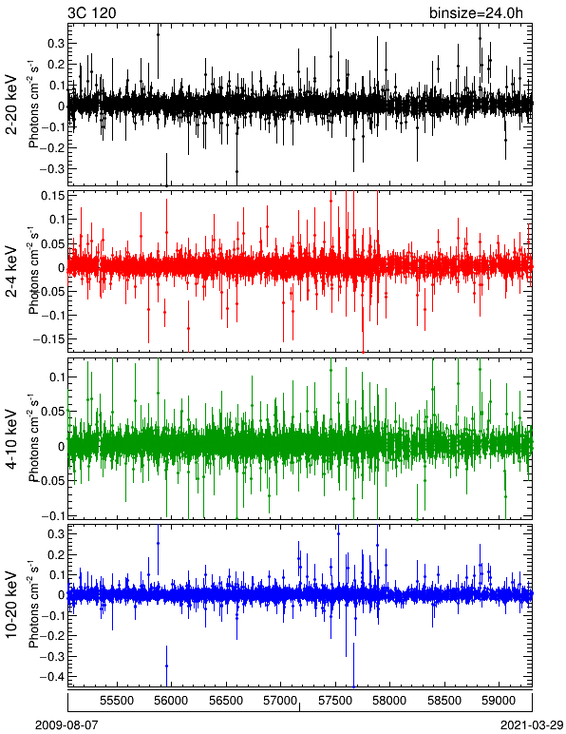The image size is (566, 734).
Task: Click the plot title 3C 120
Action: [x=91, y=12]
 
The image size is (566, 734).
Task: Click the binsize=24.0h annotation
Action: [x=477, y=13]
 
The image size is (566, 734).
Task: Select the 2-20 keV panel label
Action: [x=11, y=105]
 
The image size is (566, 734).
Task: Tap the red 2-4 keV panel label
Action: [x=11, y=272]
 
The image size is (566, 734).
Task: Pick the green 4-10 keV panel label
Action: [x=11, y=439]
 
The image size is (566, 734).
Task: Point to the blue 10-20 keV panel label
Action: [x=11, y=605]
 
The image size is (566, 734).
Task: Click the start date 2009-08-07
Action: [x=66, y=725]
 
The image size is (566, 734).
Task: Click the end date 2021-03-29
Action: [x=532, y=725]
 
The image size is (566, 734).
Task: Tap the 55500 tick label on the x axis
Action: [x=118, y=701]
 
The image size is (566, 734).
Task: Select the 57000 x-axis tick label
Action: [x=280, y=701]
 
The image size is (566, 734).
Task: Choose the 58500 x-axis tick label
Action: [x=444, y=701]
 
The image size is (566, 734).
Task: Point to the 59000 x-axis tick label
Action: [x=499, y=701]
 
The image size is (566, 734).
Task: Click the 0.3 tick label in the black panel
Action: [x=56, y=43]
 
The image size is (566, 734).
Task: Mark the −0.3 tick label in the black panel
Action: [x=51, y=168]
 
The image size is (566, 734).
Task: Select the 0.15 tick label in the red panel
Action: [x=52, y=195]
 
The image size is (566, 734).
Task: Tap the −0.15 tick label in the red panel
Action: [x=48, y=338]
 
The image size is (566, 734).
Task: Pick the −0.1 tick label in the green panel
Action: [x=52, y=515]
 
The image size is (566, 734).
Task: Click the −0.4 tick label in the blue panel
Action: [x=51, y=677]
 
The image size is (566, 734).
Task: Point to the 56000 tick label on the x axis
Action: [x=172, y=701]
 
